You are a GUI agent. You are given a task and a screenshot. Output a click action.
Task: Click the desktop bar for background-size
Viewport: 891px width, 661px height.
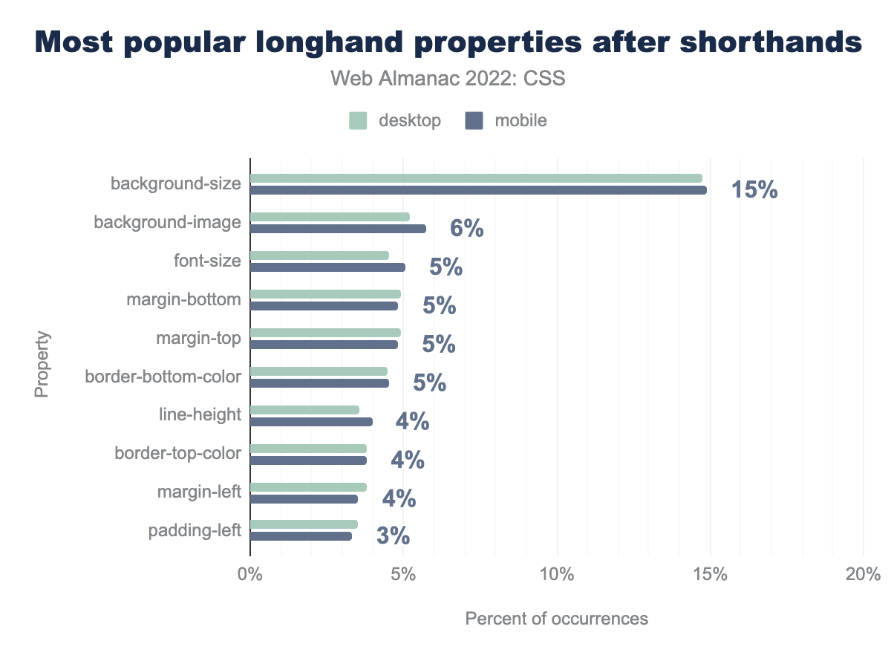pyautogui.click(x=476, y=178)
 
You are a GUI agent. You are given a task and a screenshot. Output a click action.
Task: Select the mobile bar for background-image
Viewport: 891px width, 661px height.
pyautogui.click(x=338, y=229)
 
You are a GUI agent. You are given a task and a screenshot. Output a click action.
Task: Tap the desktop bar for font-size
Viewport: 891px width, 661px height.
pyautogui.click(x=319, y=255)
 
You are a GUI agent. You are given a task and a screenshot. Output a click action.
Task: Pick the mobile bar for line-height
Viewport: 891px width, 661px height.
pyautogui.click(x=311, y=422)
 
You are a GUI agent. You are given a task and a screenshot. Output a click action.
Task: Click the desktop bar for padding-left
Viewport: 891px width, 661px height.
pyautogui.click(x=304, y=524)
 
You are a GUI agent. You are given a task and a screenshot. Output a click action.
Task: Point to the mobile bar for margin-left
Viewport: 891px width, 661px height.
pyautogui.click(x=304, y=499)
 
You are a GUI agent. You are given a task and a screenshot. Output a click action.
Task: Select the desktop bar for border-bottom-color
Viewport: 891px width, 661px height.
pyautogui.click(x=319, y=371)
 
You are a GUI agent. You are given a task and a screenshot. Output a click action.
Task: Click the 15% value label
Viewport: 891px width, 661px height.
pyautogui.click(x=754, y=190)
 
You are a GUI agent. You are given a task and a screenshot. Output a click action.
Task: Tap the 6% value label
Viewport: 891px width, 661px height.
pyautogui.click(x=466, y=229)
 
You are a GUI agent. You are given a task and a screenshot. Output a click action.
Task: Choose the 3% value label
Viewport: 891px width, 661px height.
pyautogui.click(x=393, y=537)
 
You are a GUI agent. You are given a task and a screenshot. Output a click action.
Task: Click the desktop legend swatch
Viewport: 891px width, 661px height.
pyautogui.click(x=358, y=121)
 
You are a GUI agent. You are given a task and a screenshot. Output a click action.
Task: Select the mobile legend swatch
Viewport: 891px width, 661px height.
pyautogui.click(x=474, y=121)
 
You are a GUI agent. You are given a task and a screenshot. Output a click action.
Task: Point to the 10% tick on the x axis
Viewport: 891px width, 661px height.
pyautogui.click(x=556, y=574)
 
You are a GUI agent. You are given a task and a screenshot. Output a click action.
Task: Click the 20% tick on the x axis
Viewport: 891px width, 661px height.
pyautogui.click(x=862, y=574)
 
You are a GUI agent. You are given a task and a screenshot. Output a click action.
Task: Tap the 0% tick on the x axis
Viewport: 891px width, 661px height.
pyautogui.click(x=250, y=574)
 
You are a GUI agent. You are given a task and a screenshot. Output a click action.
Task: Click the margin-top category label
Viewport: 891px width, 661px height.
pyautogui.click(x=198, y=339)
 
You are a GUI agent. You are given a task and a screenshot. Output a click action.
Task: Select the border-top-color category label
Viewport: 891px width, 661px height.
pyautogui.click(x=177, y=453)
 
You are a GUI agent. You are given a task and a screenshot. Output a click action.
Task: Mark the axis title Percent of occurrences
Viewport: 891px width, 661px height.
pyautogui.click(x=556, y=618)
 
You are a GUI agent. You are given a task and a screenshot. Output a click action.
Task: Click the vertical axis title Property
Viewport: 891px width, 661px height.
pyautogui.click(x=42, y=364)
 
